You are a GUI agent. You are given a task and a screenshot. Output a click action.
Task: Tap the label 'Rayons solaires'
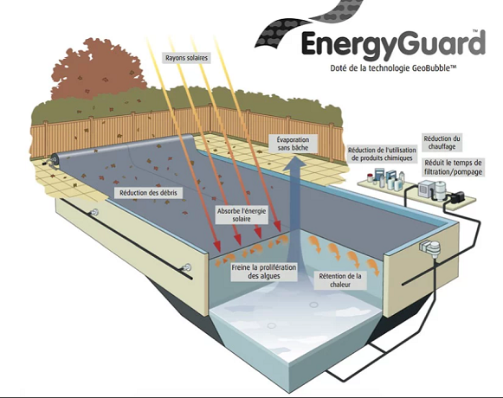coord(186,58)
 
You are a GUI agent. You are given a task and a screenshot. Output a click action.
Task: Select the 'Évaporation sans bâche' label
coord(291,144)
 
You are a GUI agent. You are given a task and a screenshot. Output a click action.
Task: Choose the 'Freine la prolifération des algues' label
coord(264,272)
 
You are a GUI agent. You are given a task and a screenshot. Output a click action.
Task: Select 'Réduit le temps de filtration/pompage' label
coord(453,167)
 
